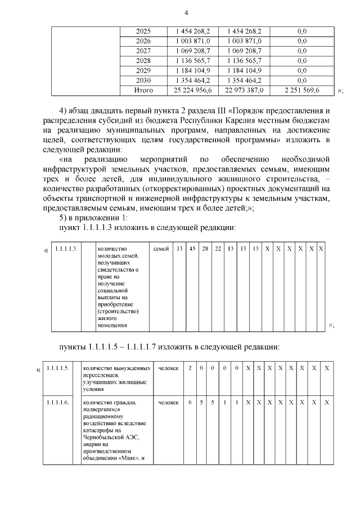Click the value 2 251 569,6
302,90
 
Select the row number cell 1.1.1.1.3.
66,249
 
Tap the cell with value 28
205,249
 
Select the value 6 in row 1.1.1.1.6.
190,403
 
